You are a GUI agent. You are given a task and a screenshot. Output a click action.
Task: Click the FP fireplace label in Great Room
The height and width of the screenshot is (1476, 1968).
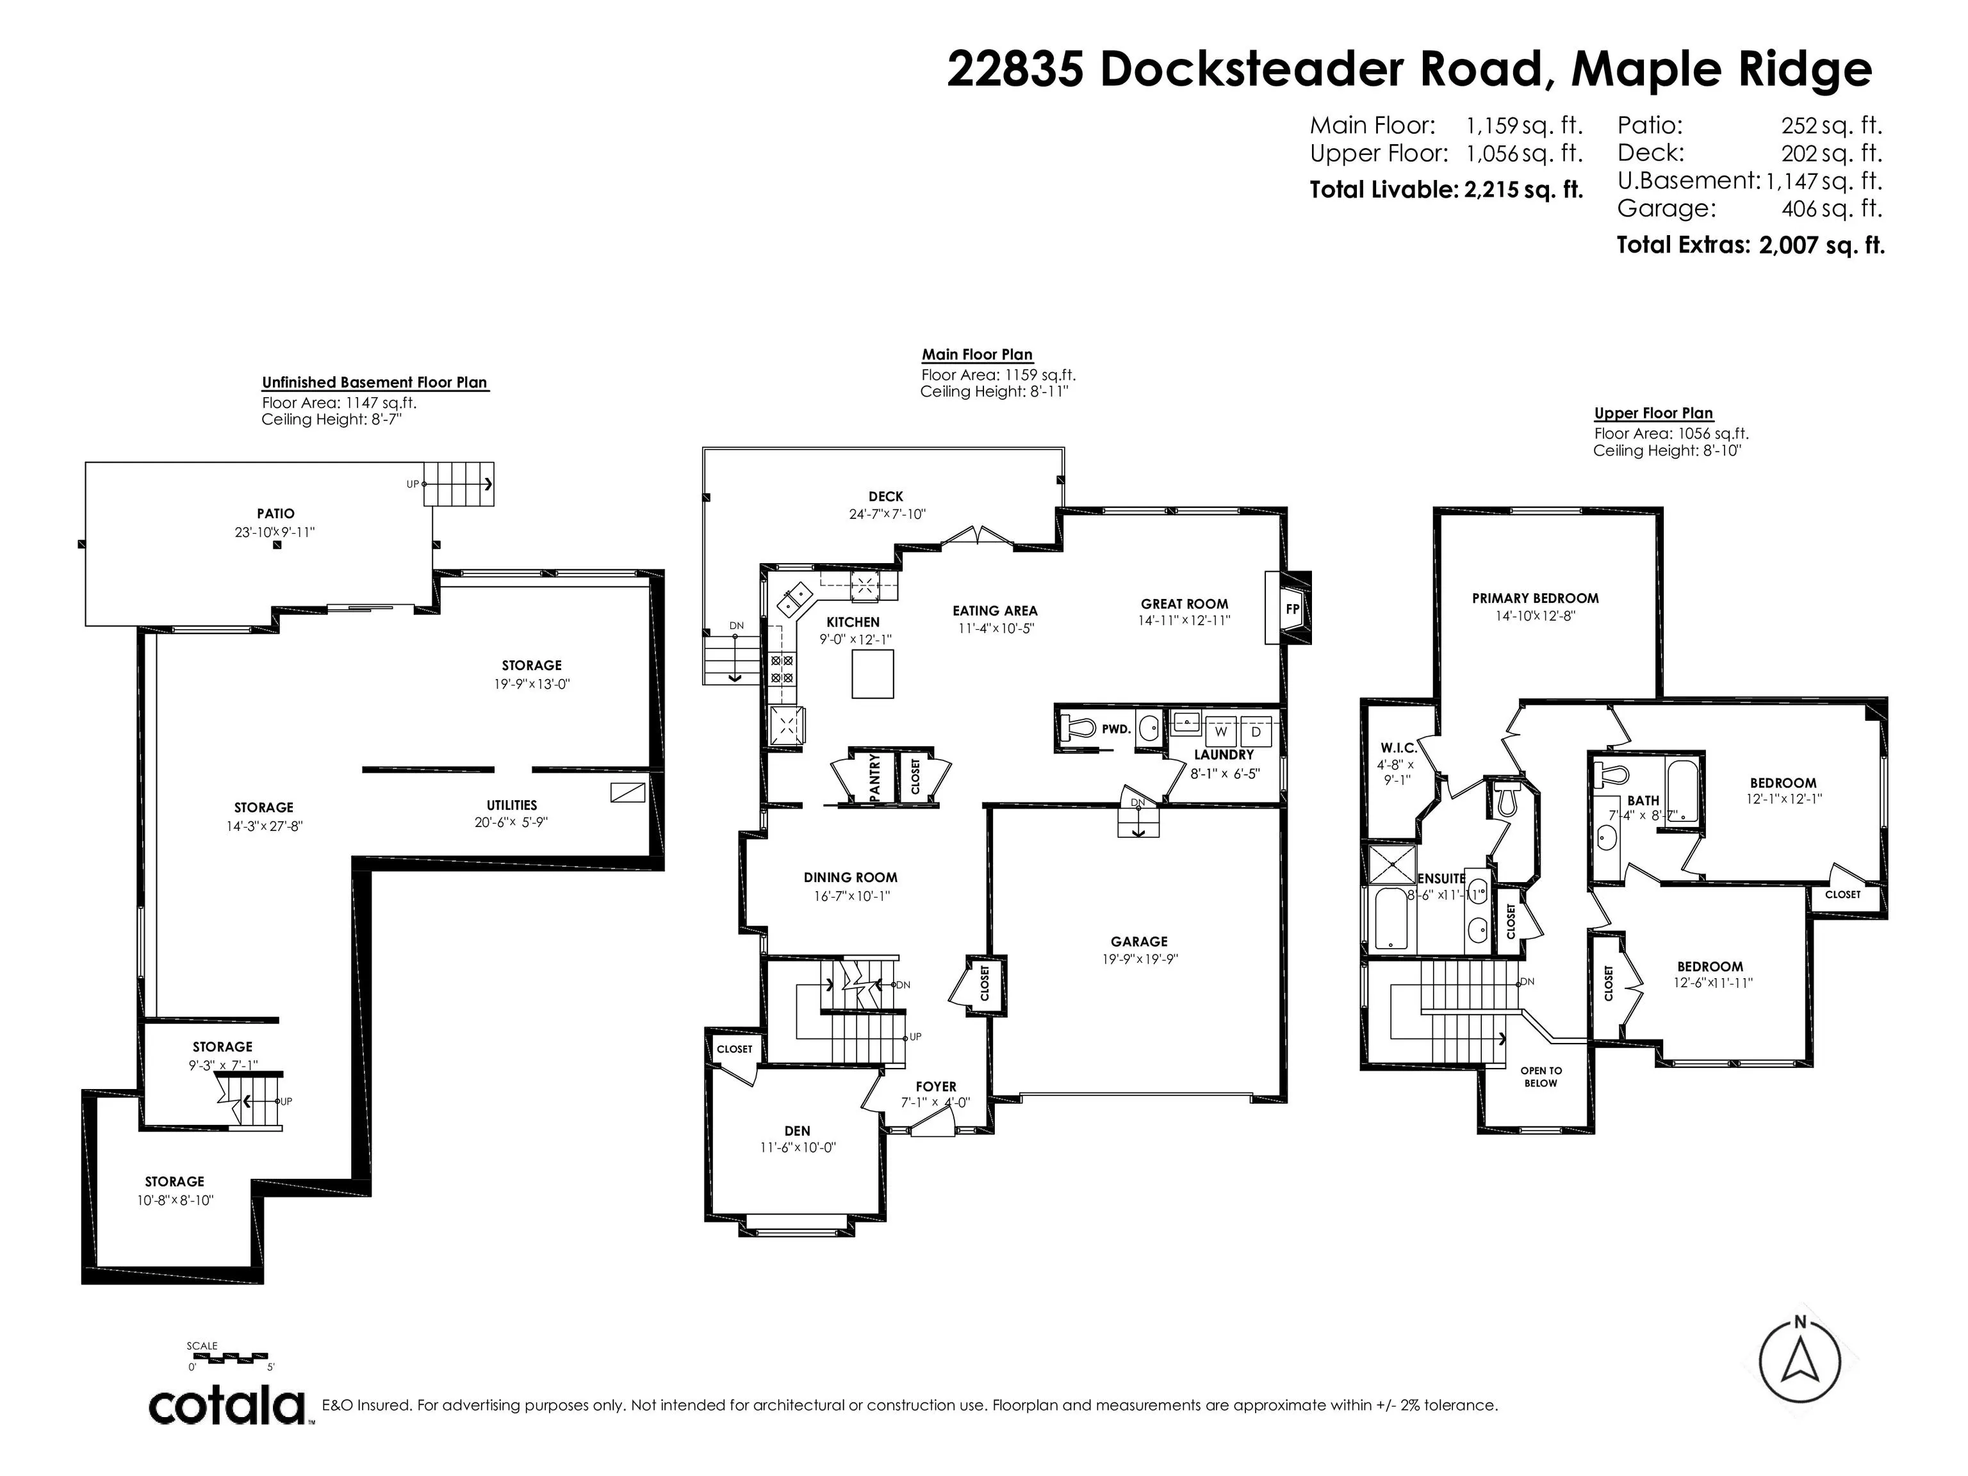1293,609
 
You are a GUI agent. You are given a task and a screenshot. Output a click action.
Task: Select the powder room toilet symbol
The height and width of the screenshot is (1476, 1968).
1078,728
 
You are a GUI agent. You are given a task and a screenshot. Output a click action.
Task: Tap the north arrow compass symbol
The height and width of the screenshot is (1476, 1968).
1800,1361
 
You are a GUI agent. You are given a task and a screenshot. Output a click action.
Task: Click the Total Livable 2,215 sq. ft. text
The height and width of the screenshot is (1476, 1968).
1446,190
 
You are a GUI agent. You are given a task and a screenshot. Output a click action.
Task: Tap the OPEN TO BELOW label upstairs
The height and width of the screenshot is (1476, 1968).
1540,1076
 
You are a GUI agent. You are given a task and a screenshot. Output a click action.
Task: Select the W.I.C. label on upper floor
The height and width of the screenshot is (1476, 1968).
1398,748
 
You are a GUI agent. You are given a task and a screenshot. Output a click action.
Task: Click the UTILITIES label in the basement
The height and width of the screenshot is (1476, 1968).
512,805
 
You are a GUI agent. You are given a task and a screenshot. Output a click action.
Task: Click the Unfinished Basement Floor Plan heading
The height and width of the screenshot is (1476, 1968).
375,382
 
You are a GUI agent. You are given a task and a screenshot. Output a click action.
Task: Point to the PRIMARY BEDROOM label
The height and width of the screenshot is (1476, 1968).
1535,598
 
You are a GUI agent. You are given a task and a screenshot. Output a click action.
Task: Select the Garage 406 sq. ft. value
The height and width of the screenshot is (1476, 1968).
1832,209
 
